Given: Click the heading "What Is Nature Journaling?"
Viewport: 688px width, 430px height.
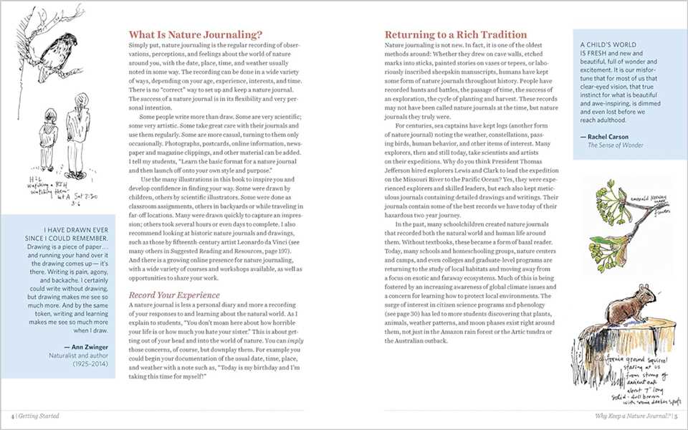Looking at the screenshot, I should click(195, 34).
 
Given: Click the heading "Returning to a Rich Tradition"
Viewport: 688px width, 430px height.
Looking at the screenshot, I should click(456, 34).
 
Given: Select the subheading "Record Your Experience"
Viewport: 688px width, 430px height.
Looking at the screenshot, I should click(176, 294).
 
